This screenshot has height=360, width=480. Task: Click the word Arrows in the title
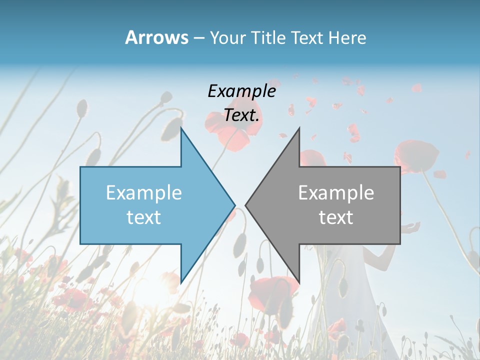(156, 37)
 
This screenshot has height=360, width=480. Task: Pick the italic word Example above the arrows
(241, 91)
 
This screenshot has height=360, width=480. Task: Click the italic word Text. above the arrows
(241, 115)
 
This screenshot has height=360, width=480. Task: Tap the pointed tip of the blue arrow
(234, 204)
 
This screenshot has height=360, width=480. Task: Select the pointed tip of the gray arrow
(246, 204)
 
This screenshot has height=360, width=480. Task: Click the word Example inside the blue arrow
(144, 192)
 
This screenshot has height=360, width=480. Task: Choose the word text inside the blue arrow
(144, 217)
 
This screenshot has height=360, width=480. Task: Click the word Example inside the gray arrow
(336, 192)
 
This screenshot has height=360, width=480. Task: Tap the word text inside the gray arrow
(336, 217)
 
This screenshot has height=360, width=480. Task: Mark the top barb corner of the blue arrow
(181, 128)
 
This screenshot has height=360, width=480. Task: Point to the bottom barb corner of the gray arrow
(299, 283)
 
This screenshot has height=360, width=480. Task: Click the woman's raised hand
(411, 228)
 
